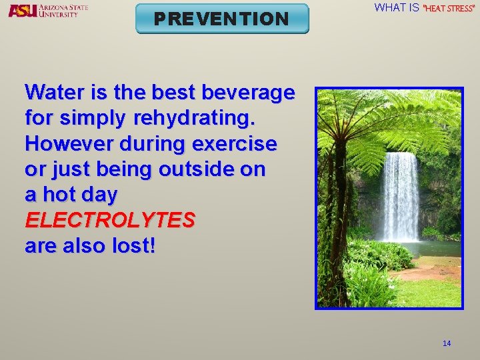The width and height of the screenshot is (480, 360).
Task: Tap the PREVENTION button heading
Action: pyautogui.click(x=222, y=19)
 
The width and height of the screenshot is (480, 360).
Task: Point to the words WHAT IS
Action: pyautogui.click(x=397, y=8)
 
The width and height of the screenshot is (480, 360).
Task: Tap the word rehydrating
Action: pyautogui.click(x=194, y=119)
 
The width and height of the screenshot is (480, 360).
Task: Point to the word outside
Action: pyautogui.click(x=196, y=169)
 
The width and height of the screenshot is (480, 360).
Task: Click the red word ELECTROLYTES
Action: pyautogui.click(x=110, y=220)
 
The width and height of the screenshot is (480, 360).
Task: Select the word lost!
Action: pyautogui.click(x=135, y=245)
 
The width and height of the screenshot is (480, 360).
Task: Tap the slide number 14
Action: pyautogui.click(x=447, y=343)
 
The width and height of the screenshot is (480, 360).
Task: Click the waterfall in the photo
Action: pyautogui.click(x=401, y=197)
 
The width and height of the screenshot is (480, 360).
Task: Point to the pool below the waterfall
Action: pyautogui.click(x=433, y=249)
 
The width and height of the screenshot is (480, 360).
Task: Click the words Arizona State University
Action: pyautogui.click(x=63, y=10)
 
